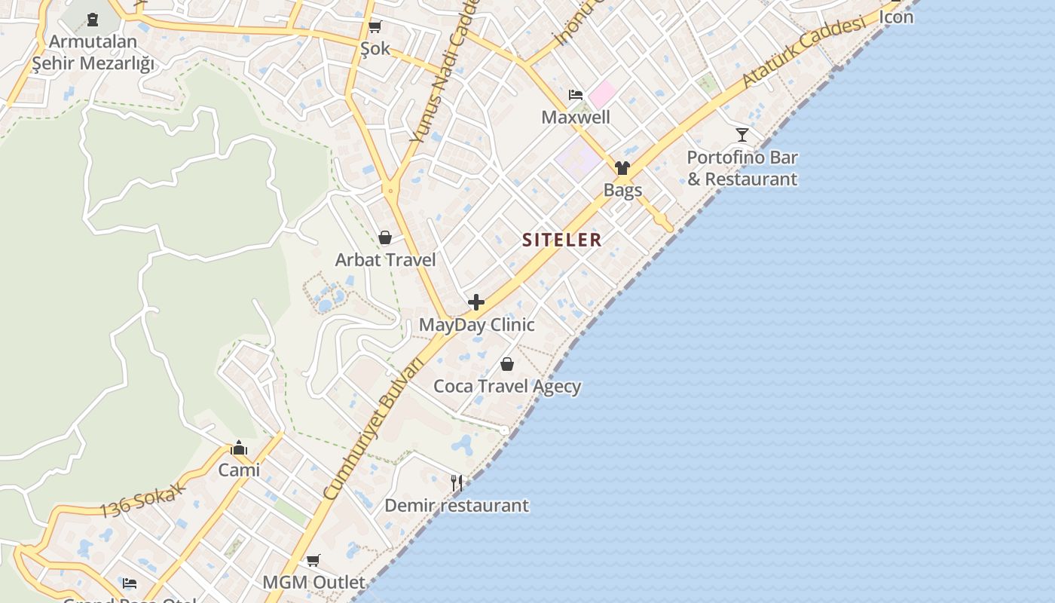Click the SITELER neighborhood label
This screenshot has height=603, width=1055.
[562, 240]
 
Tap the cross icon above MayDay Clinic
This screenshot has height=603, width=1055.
[476, 302]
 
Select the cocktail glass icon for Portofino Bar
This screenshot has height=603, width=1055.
[742, 135]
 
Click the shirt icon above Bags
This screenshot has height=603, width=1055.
[622, 168]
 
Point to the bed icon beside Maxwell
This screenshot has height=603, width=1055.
[576, 95]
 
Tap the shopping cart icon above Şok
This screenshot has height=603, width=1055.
[375, 27]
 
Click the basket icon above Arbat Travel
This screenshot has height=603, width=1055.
[385, 238]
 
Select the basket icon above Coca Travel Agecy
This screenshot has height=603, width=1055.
[507, 365]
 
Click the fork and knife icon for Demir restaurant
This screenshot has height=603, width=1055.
[457, 482]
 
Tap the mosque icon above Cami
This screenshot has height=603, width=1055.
[239, 448]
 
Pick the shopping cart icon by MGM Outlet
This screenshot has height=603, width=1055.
[313, 561]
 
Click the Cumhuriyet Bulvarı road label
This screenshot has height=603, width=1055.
[374, 427]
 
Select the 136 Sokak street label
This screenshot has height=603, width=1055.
[142, 501]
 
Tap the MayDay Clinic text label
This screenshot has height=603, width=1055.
[476, 325]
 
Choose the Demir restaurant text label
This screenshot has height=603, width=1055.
[457, 505]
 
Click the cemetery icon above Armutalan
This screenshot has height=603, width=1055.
[93, 20]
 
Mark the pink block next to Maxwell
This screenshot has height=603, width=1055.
[602, 95]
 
